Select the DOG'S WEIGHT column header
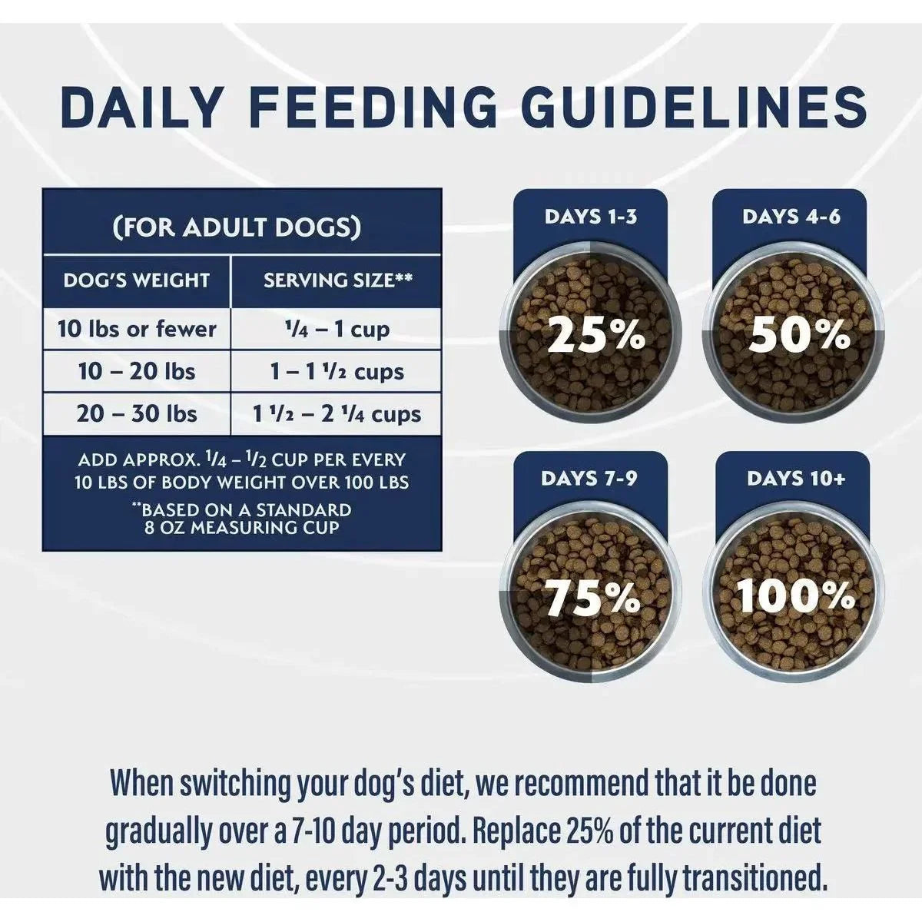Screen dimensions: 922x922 (x=136, y=280)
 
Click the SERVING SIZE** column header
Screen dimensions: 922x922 (x=337, y=280)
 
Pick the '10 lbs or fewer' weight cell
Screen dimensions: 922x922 (x=137, y=330)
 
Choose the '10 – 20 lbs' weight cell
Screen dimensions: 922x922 (x=137, y=372)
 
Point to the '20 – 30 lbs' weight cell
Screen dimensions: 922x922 (x=137, y=414)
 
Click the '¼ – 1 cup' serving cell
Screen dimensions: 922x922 (x=336, y=330)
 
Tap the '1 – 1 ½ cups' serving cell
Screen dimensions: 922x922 (x=336, y=372)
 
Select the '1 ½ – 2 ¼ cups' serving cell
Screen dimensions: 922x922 (x=336, y=414)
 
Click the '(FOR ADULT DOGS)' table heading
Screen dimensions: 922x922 (x=237, y=227)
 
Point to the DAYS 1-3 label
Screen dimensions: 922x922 (x=590, y=217)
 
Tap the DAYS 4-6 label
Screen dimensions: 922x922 (x=791, y=217)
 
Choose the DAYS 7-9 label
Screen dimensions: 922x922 (x=589, y=479)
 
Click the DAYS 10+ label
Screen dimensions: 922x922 (x=796, y=479)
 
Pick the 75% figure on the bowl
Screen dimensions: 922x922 (x=592, y=598)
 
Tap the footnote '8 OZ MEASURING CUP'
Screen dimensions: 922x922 (x=241, y=528)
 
